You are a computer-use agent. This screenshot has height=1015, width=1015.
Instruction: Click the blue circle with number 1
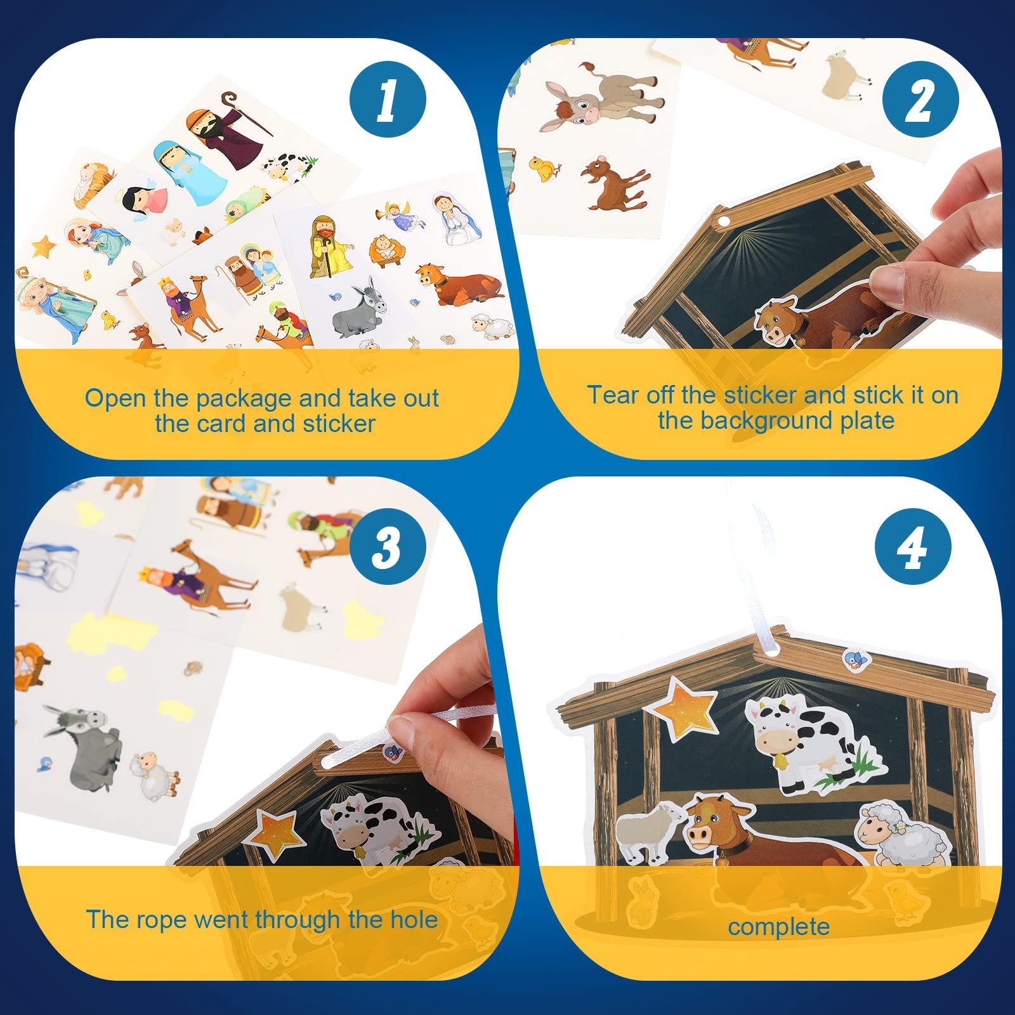388,100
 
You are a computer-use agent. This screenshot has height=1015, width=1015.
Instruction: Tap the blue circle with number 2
920,100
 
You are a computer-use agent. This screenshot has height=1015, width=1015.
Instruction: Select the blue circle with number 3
388,546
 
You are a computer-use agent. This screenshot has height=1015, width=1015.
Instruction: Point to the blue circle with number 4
913,546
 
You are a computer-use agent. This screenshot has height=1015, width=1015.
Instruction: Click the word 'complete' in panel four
778,927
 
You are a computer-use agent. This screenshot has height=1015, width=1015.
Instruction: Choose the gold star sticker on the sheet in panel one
44,247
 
